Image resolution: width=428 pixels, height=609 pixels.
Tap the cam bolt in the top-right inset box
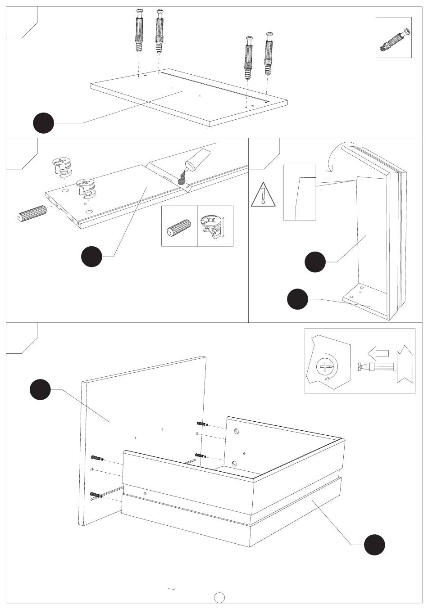394,40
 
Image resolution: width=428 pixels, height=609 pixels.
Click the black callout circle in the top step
44,122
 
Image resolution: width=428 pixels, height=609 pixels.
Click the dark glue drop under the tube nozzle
182,181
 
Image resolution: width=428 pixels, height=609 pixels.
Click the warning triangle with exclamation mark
262,196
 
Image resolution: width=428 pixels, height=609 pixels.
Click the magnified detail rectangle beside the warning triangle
300,192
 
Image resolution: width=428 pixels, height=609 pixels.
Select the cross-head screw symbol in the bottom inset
325,366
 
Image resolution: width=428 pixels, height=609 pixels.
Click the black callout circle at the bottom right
374,545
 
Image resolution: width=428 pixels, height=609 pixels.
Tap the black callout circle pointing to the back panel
40,390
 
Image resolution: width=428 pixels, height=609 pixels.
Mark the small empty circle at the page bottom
219,597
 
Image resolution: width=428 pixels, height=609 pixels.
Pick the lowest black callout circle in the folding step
298,299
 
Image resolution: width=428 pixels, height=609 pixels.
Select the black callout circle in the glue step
91,256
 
